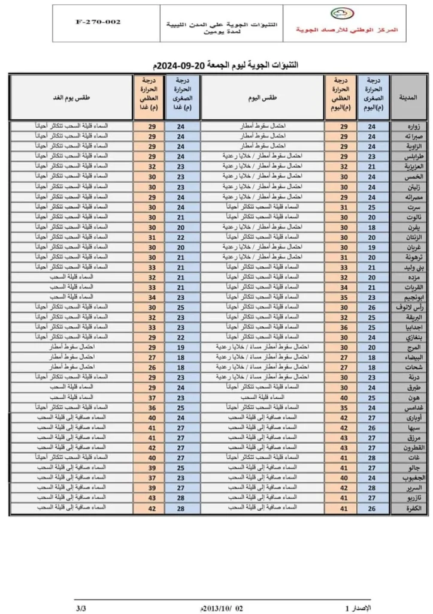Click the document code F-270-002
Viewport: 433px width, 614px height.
point(98,22)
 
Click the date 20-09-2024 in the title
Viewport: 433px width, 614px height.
point(176,64)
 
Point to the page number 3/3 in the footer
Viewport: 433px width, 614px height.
point(80,607)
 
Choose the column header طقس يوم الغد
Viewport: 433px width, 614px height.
point(70,97)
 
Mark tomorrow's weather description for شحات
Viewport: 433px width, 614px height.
point(70,367)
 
